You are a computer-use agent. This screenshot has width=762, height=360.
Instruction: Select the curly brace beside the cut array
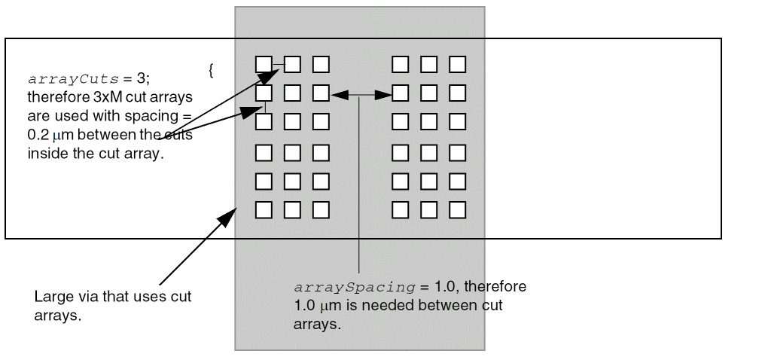[212, 71]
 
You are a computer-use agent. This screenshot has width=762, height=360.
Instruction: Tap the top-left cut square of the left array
[264, 64]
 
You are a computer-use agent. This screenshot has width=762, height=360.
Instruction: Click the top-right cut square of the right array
[457, 64]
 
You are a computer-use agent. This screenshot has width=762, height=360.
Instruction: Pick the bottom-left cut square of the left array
[264, 209]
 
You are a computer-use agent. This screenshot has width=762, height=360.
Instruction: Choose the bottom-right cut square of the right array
[457, 209]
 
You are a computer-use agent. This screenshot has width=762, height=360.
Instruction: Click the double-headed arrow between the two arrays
[361, 94]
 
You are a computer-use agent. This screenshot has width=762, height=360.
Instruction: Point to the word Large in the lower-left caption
[52, 297]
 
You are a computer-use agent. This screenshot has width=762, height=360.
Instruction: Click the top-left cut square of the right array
[400, 64]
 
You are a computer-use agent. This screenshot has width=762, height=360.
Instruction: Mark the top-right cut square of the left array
[321, 64]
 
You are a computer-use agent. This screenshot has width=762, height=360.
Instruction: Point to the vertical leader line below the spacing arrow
[360, 188]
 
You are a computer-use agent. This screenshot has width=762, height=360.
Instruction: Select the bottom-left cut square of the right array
[400, 209]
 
